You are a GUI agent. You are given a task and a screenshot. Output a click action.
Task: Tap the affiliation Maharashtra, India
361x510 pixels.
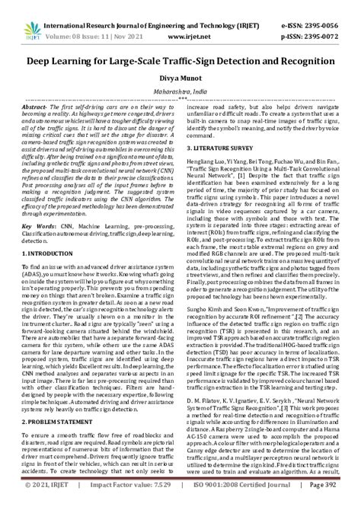[180, 90]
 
